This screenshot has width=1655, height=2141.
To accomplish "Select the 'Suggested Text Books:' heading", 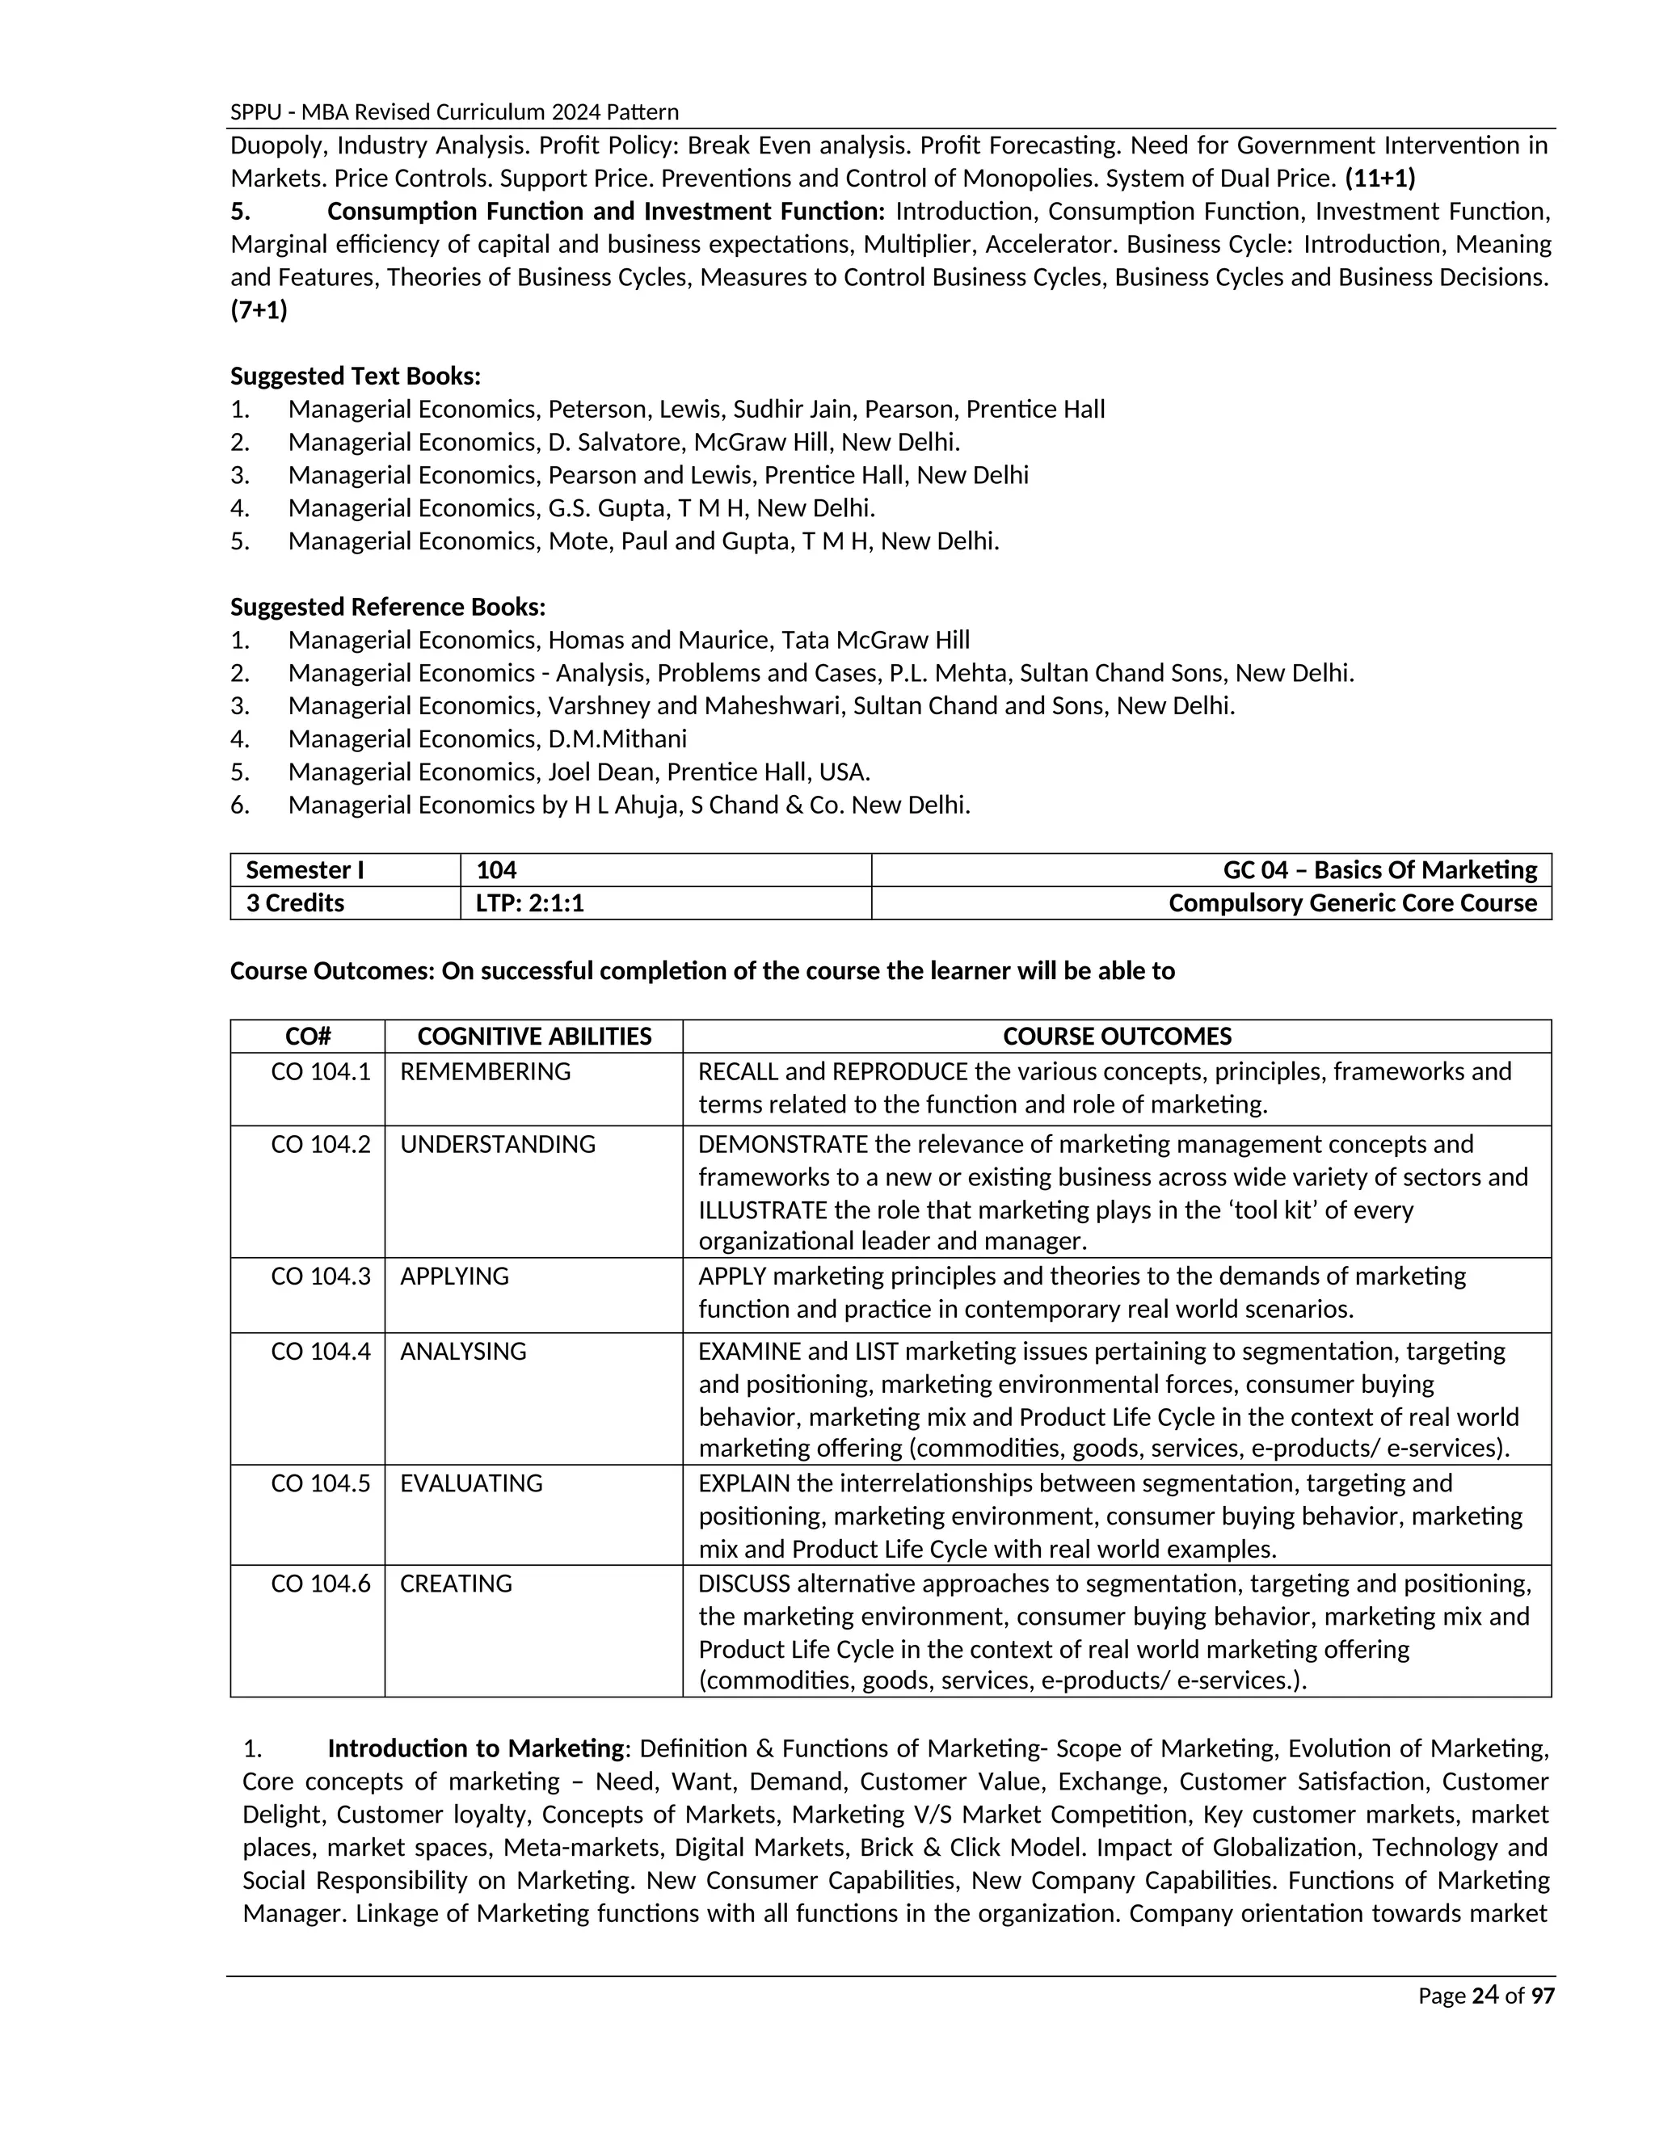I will (x=356, y=376).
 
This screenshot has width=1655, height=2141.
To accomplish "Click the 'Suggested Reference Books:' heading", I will (x=388, y=607).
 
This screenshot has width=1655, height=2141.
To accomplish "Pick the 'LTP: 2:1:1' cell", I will (x=529, y=903).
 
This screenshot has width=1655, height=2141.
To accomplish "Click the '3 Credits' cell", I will (x=295, y=903).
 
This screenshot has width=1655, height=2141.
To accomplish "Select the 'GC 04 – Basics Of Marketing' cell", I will (x=1379, y=869).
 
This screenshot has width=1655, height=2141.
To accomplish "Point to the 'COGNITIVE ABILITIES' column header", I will (x=533, y=1037).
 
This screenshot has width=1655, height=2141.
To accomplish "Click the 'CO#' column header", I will (x=308, y=1037).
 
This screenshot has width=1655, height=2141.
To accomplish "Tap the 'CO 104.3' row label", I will (x=321, y=1277).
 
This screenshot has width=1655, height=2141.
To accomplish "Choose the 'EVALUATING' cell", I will (x=470, y=1483).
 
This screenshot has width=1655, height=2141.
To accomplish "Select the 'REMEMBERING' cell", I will (x=486, y=1071).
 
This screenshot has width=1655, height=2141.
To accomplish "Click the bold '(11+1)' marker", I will (x=1379, y=179).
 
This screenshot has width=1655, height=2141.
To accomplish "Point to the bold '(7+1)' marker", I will (x=259, y=311).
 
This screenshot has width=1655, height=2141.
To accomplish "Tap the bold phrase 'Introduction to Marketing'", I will (x=475, y=1749).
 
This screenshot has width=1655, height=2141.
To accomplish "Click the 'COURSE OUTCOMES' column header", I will (x=1117, y=1037).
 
